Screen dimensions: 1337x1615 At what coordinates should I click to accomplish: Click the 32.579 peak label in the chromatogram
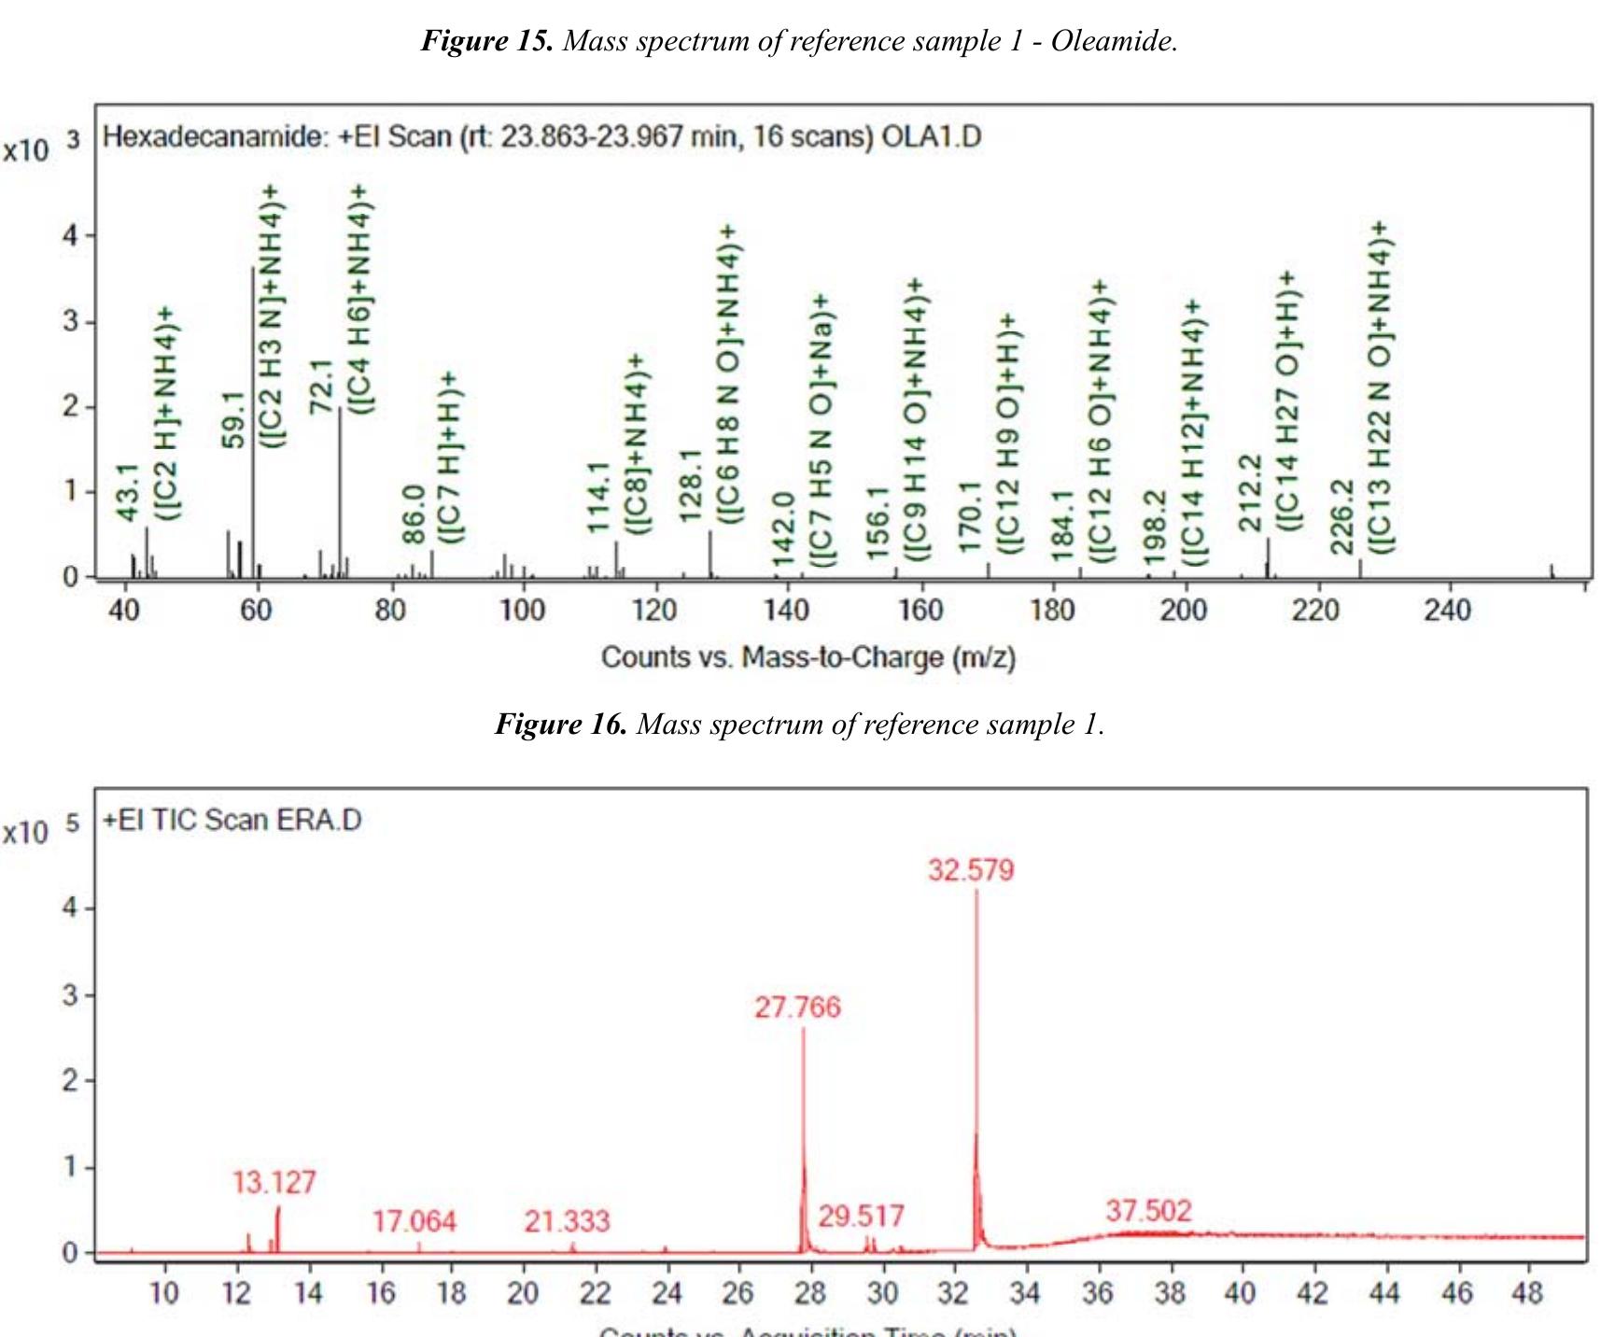[971, 870]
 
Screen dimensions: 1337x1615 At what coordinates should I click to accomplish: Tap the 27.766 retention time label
[797, 1007]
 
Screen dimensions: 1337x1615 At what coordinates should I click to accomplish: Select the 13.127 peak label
[274, 1183]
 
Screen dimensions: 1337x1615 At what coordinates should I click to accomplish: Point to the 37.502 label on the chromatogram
[1148, 1211]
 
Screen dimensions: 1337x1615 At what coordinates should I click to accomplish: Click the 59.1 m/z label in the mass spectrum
[233, 419]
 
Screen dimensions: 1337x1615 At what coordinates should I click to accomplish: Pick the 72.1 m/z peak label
[321, 386]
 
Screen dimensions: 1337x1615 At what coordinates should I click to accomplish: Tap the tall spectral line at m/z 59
[253, 420]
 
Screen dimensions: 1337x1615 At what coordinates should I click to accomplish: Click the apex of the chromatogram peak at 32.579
[977, 893]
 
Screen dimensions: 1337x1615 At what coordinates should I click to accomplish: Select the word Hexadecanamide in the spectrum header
[213, 137]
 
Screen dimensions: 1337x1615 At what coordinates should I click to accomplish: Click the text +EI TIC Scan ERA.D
[232, 820]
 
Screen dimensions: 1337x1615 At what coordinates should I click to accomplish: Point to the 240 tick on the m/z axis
[1447, 611]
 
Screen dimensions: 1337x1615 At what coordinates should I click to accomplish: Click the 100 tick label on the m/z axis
[522, 611]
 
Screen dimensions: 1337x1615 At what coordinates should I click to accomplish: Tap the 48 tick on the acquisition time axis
[1527, 1293]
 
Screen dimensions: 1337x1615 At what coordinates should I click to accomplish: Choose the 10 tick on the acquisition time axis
[165, 1293]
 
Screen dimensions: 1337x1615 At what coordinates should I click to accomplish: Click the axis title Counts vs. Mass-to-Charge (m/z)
[807, 657]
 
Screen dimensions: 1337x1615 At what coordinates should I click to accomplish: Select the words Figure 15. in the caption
[487, 40]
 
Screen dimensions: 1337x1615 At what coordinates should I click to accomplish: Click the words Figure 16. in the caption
[561, 725]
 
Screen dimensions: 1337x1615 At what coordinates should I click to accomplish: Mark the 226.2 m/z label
[1341, 516]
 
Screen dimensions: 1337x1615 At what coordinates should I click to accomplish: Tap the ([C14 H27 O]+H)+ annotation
[1287, 401]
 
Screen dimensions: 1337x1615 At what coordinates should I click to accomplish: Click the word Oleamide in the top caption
[1113, 40]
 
